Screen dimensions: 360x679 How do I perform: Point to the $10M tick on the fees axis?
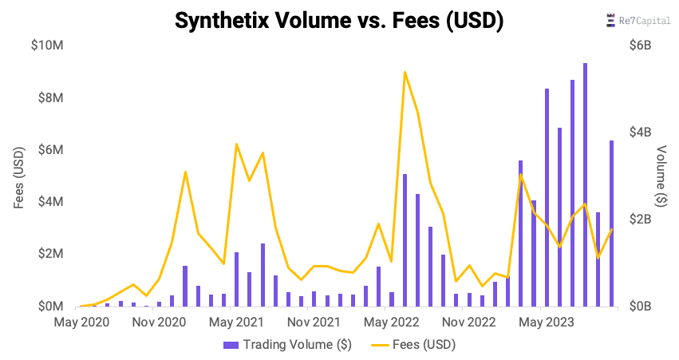pos(46,45)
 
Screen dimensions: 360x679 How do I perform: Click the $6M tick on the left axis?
pos(49,150)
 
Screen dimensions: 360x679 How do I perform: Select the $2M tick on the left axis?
pos(49,254)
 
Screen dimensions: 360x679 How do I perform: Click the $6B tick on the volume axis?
pos(639,45)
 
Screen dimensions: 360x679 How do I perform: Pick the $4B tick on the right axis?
pos(639,133)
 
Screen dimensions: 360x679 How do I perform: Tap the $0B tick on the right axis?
pos(639,307)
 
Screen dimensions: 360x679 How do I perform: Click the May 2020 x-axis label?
pos(81,322)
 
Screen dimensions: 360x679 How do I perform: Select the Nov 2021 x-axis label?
pos(313,322)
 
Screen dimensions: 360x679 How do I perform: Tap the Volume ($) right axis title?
pos(661,176)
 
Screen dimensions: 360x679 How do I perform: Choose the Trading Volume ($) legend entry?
pos(287,345)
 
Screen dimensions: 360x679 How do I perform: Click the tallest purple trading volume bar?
pos(585,184)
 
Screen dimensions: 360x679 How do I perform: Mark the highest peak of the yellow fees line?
pos(405,72)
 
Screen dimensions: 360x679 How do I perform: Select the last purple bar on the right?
pos(611,224)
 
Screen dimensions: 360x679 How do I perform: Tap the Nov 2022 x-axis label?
pos(469,322)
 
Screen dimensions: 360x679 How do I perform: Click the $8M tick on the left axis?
pos(49,98)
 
